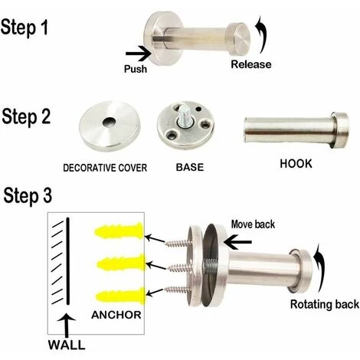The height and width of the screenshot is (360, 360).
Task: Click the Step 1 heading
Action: point(25,28)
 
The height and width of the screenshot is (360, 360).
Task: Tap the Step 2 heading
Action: point(26,117)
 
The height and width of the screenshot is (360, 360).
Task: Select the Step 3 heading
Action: point(28,196)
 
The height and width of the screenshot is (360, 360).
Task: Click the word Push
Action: point(136,69)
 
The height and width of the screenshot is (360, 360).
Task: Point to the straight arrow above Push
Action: point(138,54)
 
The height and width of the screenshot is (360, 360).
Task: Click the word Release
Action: point(251,64)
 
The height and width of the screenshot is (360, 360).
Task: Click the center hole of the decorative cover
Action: point(109,122)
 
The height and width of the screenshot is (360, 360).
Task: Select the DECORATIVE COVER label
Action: point(105,168)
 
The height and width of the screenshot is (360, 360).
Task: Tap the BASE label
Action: point(190,167)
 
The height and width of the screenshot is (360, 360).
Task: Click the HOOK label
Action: point(296,164)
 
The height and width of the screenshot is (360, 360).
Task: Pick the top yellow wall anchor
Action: point(119,231)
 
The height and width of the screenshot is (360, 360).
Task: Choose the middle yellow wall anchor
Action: point(120,263)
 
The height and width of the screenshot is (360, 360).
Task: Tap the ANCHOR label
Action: point(116,315)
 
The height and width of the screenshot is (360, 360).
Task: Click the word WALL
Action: point(67,345)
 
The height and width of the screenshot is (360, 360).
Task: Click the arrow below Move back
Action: point(237,242)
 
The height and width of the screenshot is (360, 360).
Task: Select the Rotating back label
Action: point(325,304)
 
